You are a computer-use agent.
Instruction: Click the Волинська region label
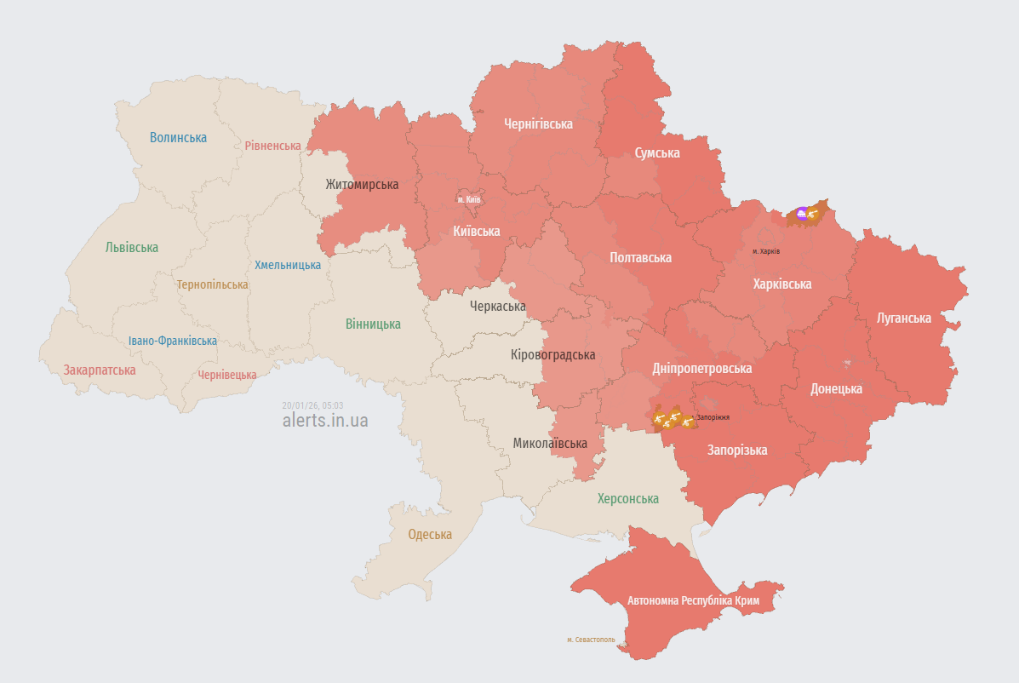pos(178,137)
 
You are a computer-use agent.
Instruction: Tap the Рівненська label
pos(272,146)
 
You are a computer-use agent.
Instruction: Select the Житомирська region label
pos(362,184)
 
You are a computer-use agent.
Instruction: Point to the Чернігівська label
pos(538,123)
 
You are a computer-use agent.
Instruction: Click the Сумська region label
pos(656,152)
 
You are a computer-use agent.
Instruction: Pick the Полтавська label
pos(640,257)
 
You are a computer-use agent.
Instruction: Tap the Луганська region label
pos(903,318)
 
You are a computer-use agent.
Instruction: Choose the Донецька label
pos(836,388)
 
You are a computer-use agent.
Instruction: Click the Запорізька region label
pos(737,450)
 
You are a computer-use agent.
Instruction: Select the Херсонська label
pos(627,498)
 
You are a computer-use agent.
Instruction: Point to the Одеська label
pos(430,534)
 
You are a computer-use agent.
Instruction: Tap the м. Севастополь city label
pos(591,640)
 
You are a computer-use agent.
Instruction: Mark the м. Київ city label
pos(468,199)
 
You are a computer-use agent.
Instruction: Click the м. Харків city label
pos(765,251)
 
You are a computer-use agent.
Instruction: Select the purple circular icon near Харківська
pos(801,213)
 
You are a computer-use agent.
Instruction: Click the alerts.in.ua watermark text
pos(325,420)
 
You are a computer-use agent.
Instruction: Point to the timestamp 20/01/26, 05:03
pos(312,405)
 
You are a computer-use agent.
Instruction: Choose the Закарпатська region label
pos(100,370)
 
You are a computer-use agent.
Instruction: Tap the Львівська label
pos(131,247)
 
